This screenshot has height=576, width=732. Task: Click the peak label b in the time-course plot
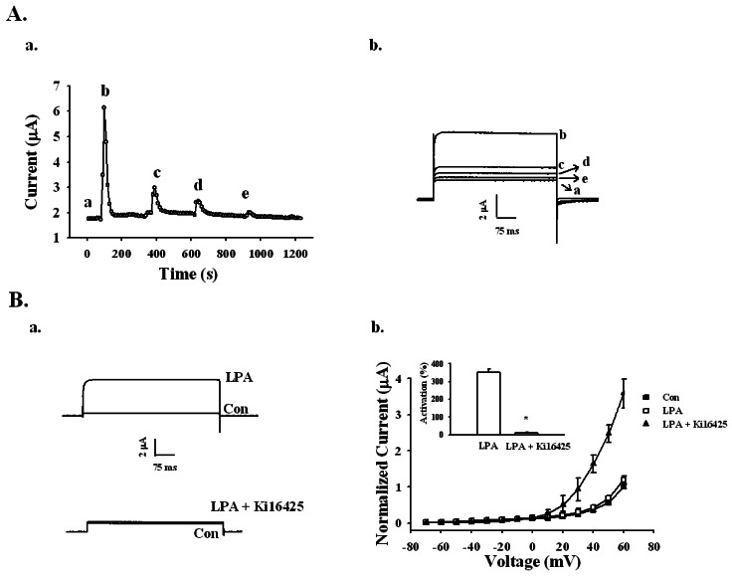coord(104,93)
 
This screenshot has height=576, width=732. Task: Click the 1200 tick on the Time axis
coord(293,255)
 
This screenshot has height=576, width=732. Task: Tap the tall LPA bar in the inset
coord(488,402)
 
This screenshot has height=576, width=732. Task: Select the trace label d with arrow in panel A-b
coord(588,161)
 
